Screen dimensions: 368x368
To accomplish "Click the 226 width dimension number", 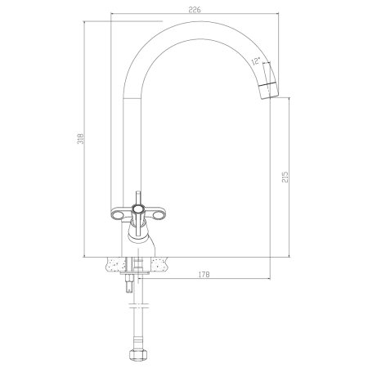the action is tap(195, 10).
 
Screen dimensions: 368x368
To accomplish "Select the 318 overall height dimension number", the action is tap(81, 138).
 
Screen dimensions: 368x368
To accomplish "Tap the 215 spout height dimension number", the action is tap(285, 177).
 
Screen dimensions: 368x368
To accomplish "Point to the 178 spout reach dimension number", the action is tap(204, 275).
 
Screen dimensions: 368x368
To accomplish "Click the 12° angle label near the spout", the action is tap(256, 61).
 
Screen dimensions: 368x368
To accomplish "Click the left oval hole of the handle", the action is tap(118, 215).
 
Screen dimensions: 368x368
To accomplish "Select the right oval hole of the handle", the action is tap(159, 215).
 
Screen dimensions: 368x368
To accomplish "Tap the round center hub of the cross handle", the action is tap(137, 209).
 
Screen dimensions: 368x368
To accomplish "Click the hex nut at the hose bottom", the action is tap(138, 355).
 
